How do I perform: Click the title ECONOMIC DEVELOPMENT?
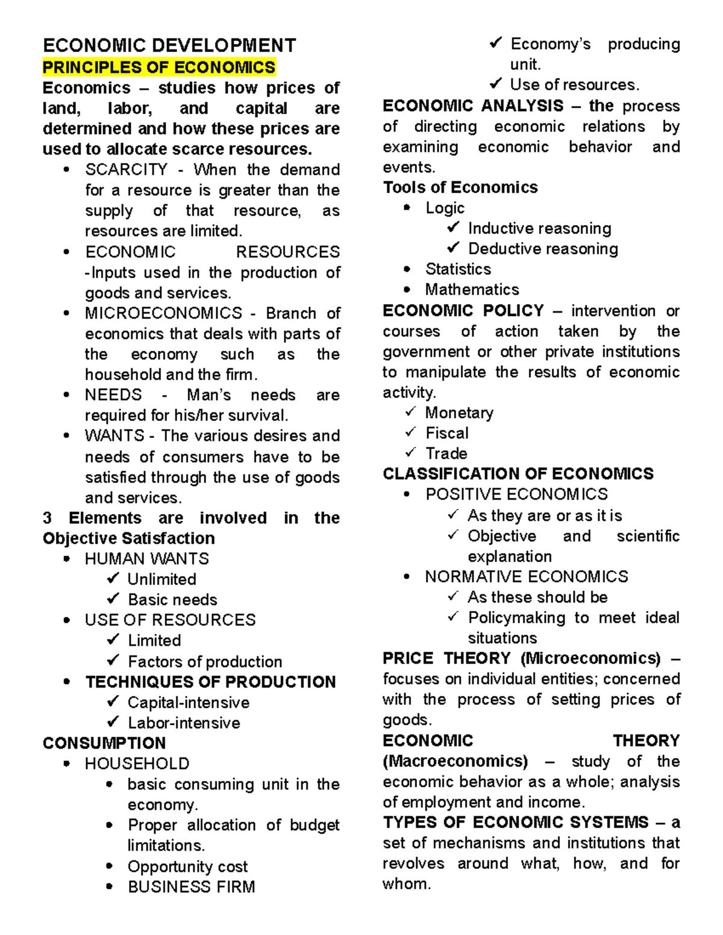(x=169, y=46)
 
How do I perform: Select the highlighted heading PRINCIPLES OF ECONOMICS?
(x=159, y=67)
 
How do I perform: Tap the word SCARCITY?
(x=126, y=170)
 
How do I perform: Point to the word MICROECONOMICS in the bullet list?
(x=163, y=313)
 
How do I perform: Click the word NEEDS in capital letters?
(x=113, y=395)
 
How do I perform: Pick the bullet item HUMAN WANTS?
(x=146, y=559)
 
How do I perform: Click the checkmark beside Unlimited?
(x=113, y=579)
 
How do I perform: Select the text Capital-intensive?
(x=188, y=703)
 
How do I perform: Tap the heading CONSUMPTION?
(x=104, y=743)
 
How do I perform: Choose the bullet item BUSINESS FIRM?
(x=191, y=887)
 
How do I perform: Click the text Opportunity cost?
(x=187, y=866)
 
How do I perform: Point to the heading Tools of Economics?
(x=460, y=187)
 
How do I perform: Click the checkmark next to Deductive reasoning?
(x=453, y=248)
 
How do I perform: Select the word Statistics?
(x=458, y=269)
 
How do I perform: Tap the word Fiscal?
(x=446, y=433)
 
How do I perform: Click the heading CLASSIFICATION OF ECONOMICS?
(x=518, y=474)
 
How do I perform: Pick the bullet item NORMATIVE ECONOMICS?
(x=526, y=577)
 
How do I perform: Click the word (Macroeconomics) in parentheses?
(x=455, y=761)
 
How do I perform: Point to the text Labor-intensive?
(x=184, y=723)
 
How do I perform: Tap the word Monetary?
(x=459, y=412)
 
